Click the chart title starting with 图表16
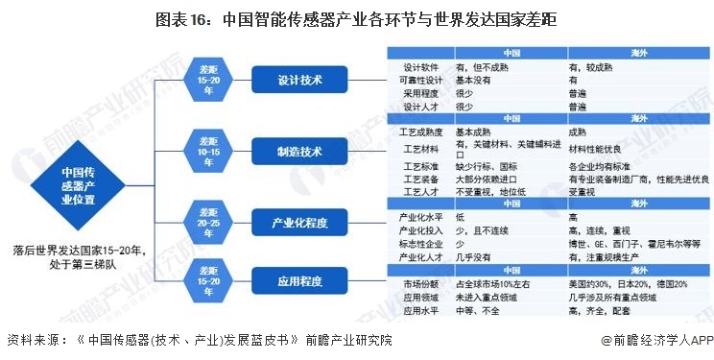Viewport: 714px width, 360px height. (x=356, y=18)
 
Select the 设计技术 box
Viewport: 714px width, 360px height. (x=300, y=80)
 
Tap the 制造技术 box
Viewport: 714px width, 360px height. (x=300, y=152)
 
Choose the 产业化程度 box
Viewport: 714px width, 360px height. (x=300, y=223)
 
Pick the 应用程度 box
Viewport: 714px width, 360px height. (x=300, y=282)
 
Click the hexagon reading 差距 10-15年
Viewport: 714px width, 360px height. (x=208, y=152)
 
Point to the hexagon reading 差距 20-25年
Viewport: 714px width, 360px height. (x=208, y=223)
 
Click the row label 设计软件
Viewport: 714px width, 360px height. (x=420, y=68)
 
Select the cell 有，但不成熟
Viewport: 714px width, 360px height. (x=484, y=68)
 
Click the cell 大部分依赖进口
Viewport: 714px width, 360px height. (x=493, y=179)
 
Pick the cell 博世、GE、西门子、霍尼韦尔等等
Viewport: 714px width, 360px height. (x=634, y=245)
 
